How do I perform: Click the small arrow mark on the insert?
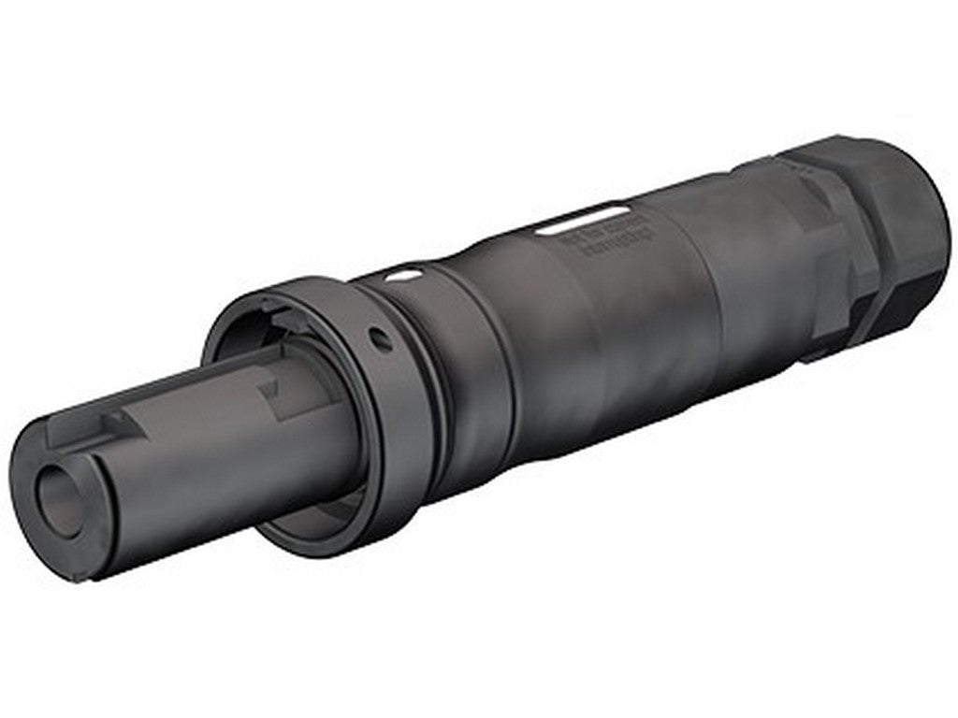pos(271,385)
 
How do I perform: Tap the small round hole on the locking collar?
pos(381,339)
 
